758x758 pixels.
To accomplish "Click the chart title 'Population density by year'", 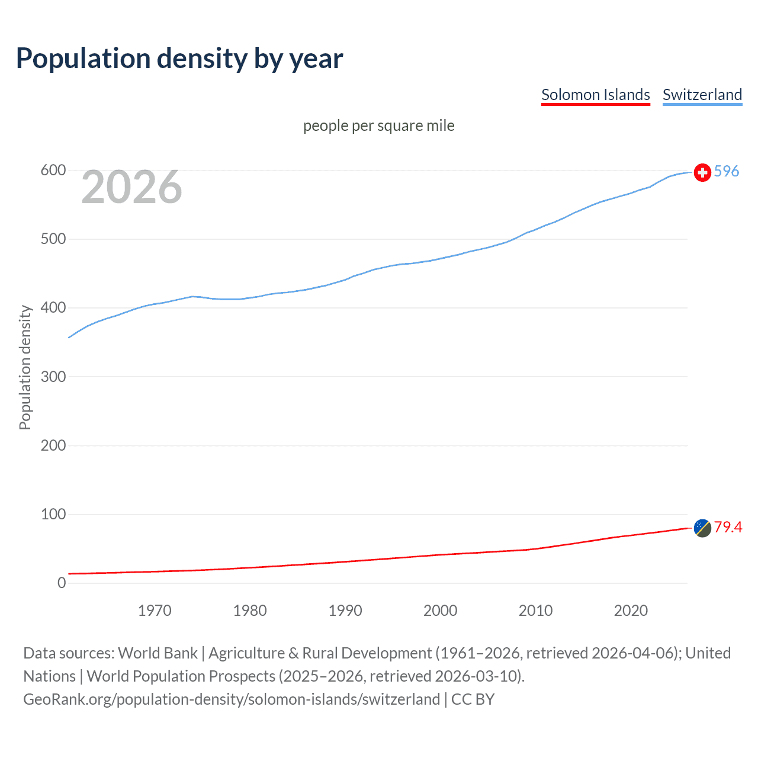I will coord(179,58).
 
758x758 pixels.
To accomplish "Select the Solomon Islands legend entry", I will coord(595,95).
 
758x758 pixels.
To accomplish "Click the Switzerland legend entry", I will coord(702,95).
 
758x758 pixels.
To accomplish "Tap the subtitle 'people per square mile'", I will coord(378,126).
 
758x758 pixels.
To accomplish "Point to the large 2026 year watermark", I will coord(131,187).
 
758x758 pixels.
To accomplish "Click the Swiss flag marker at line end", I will coord(702,172).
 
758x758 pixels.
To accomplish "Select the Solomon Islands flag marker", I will coord(702,528).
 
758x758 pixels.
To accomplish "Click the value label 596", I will coord(727,171).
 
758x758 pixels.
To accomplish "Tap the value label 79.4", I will coord(728,527).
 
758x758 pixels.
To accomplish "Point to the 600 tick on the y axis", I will coord(53,171).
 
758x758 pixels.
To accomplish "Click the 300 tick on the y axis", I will coord(53,377).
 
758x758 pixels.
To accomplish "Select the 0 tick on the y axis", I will coord(62,583).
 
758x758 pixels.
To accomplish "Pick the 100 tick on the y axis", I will coord(53,514).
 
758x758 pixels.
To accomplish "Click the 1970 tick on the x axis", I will coord(155,611).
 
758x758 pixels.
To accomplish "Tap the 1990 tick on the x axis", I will coord(345,611).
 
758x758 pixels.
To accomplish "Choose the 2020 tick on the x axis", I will coord(631,611).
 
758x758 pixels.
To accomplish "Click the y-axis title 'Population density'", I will coord(25,367).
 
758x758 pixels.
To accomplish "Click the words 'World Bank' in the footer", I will coord(158,653).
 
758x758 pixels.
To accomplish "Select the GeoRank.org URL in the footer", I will coord(232,699).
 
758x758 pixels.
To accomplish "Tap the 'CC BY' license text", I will coord(473,699).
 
